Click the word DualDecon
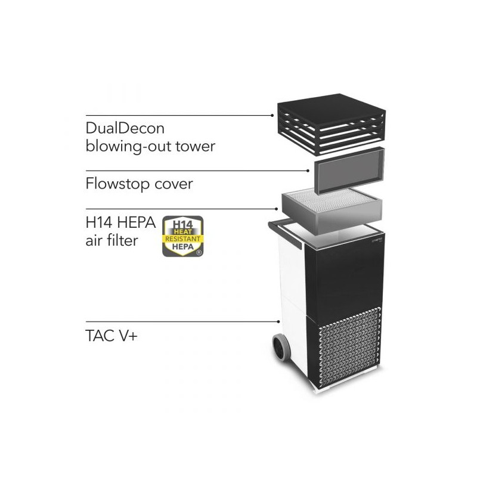coord(125,128)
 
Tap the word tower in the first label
coord(196,146)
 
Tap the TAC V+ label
coord(111,336)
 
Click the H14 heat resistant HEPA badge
coord(183,236)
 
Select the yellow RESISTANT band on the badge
coord(183,239)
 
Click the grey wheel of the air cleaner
coord(281,347)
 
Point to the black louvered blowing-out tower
coord(332,124)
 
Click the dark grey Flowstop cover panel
coord(349,171)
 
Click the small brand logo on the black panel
coord(377,240)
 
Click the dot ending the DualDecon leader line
coord(272,115)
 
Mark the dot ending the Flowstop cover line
coord(308,171)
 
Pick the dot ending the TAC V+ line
coord(278,321)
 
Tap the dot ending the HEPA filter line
coord(276,209)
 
